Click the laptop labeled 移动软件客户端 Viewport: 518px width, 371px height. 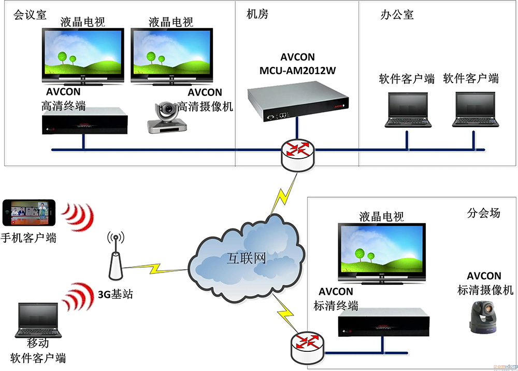[38, 320]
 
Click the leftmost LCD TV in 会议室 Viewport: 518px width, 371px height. [83, 55]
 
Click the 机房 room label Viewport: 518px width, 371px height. [257, 14]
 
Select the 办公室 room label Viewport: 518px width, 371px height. [397, 14]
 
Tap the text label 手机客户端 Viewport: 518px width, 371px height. [29, 238]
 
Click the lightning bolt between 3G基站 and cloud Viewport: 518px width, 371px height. [155, 269]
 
